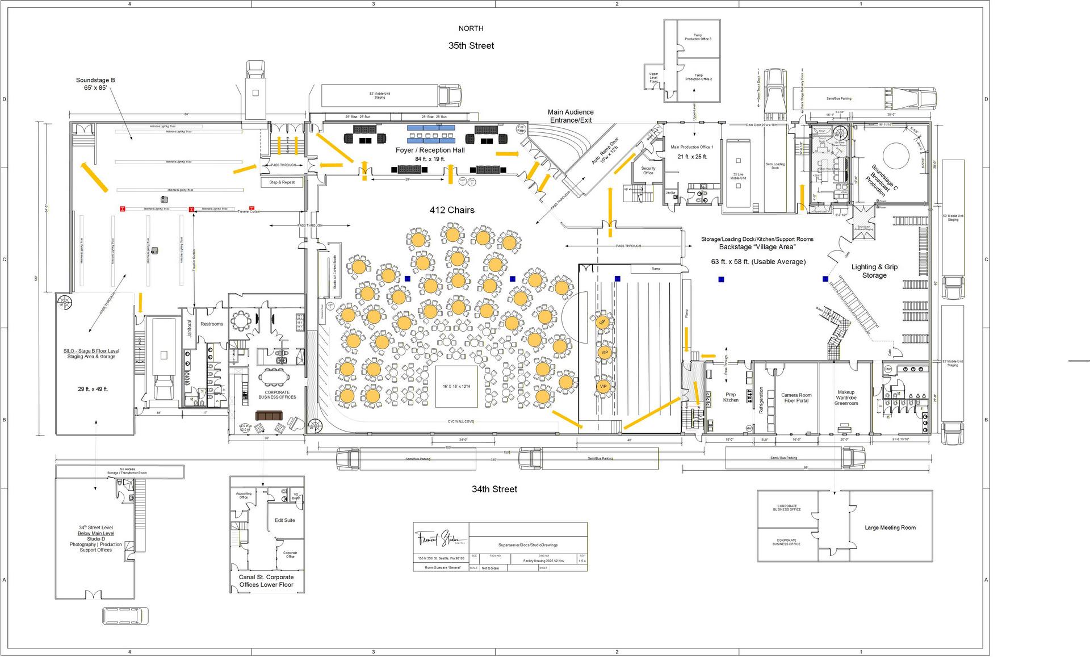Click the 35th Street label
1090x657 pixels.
tap(471, 46)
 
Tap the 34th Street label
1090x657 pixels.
tap(494, 489)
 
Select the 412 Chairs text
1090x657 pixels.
tap(452, 210)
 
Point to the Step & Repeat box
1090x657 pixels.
tap(282, 182)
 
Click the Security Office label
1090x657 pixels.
tap(648, 170)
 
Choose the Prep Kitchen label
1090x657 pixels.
tap(731, 397)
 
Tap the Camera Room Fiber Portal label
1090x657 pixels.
tap(796, 398)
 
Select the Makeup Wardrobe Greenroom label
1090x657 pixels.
tap(846, 397)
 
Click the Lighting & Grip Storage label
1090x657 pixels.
tap(874, 271)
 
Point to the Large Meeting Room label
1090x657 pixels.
tap(890, 528)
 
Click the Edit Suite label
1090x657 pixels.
tap(285, 520)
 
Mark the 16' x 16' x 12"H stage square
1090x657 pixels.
tap(456, 387)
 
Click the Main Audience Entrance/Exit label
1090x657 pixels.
tap(571, 116)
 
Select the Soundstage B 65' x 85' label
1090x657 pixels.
tap(95, 84)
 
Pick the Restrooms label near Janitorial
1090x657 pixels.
tap(212, 324)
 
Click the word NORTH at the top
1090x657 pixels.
tap(471, 28)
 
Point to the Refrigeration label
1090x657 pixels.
tap(761, 400)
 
